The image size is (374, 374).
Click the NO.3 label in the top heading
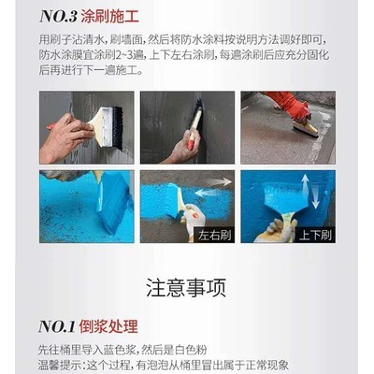pyautogui.click(x=58, y=17)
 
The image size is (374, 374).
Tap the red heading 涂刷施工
pyautogui.click(x=109, y=17)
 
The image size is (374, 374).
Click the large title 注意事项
pyautogui.click(x=186, y=288)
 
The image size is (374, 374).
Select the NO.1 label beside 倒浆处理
pyautogui.click(x=57, y=326)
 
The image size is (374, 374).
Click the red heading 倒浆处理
pyautogui.click(x=108, y=326)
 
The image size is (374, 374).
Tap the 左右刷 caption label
pyautogui.click(x=215, y=236)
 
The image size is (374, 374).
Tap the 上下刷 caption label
pyautogui.click(x=315, y=236)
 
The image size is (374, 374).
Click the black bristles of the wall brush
pyautogui.click(x=117, y=128)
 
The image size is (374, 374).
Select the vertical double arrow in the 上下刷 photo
pyautogui.click(x=310, y=192)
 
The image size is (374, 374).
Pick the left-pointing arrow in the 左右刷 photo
pyautogui.click(x=208, y=194)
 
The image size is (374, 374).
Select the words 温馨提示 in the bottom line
pyautogui.click(x=59, y=365)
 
